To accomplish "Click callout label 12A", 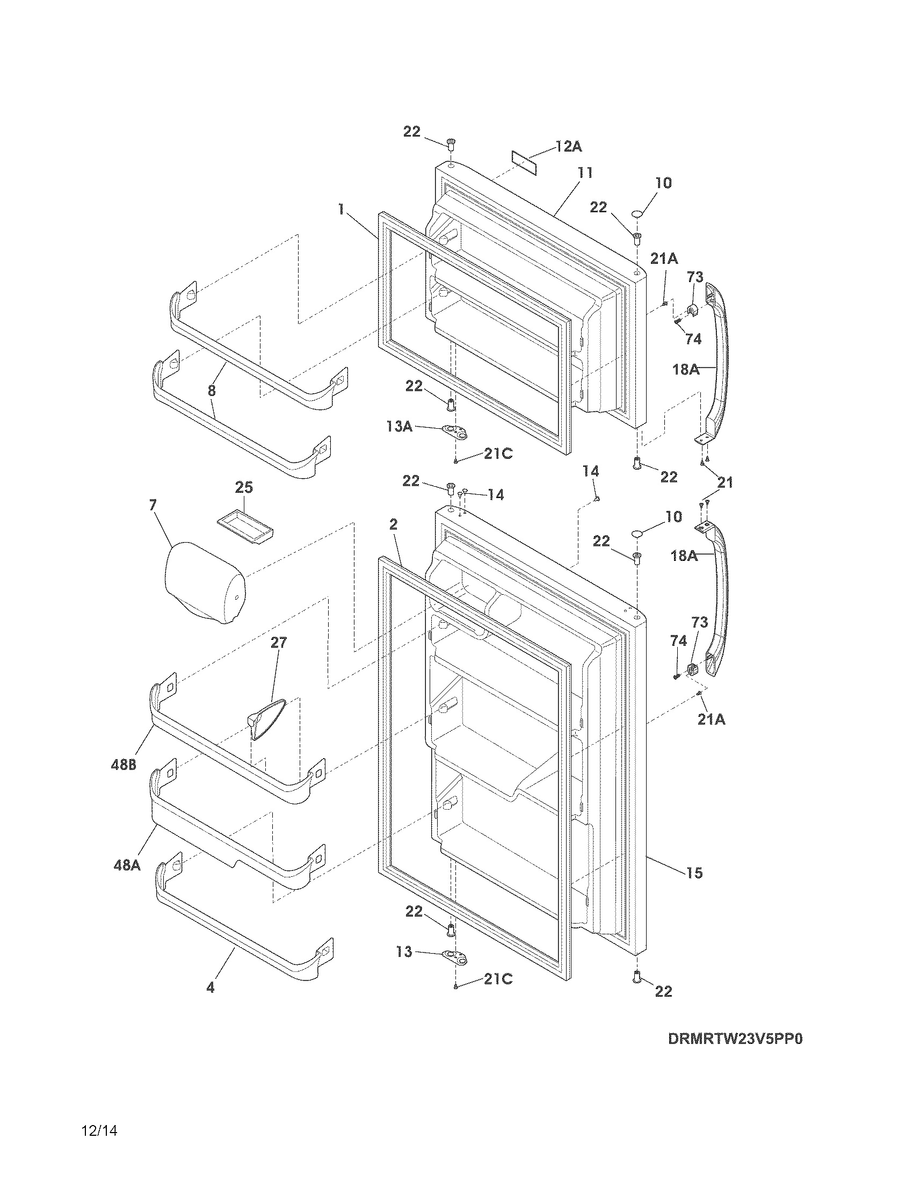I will click(569, 146).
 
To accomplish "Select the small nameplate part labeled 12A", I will click(525, 163).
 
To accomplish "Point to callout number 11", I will click(585, 172).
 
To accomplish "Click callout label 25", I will click(244, 488).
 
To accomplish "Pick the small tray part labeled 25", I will click(245, 524).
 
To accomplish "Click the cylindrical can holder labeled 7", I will click(204, 585).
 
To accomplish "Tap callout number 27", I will click(279, 643).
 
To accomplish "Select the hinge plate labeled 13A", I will click(453, 431).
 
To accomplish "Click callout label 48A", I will click(127, 866).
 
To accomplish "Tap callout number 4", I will click(210, 988).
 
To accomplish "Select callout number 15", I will click(694, 873).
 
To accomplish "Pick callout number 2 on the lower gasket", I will click(393, 524).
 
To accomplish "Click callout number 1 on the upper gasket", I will click(341, 210).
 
